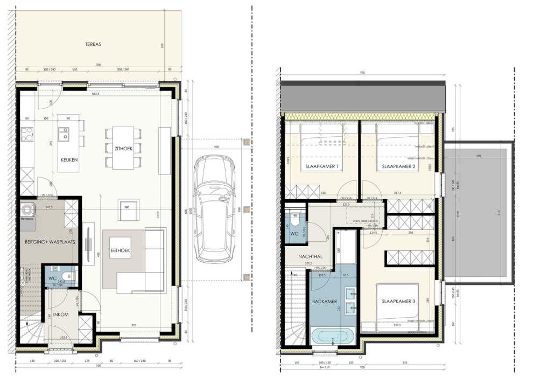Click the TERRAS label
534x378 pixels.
coord(93,45)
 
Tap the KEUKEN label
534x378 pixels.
coord(70,160)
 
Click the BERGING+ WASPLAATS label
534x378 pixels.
coord(50,242)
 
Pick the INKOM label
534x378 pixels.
coord(60,314)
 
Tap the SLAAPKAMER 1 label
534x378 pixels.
coord(321,166)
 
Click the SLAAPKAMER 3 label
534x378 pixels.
coord(398,301)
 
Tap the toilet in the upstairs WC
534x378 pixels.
coord(294,216)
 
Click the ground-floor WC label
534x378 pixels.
coord(53,278)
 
